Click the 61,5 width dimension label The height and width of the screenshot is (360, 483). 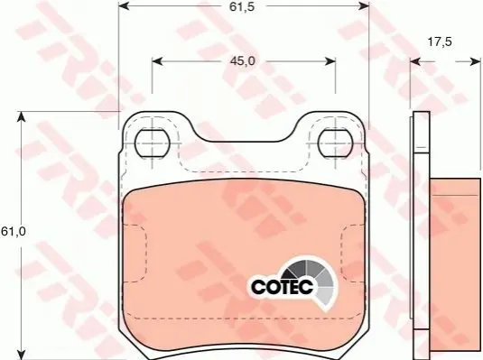coord(242,6)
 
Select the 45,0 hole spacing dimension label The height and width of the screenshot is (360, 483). coord(243,61)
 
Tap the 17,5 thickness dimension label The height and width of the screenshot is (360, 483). coord(440,42)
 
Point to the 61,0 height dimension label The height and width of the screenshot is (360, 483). coord(13,231)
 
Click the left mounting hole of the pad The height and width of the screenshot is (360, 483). coord(153,143)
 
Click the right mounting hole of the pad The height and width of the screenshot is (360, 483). coord(335,143)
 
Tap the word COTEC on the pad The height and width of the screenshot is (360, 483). coord(283,287)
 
